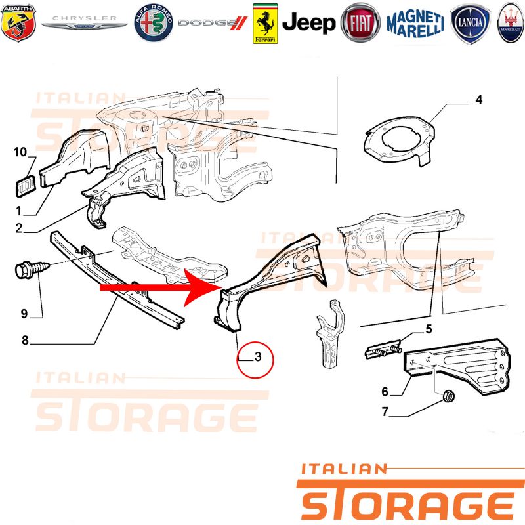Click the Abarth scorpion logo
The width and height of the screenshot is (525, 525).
pyautogui.click(x=18, y=23)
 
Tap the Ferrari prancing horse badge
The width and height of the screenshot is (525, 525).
pyautogui.click(x=265, y=24)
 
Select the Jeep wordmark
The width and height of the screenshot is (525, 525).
pyautogui.click(x=308, y=23)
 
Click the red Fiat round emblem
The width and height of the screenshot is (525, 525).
pyautogui.click(x=360, y=23)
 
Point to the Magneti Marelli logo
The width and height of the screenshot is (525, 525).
pyautogui.click(x=415, y=24)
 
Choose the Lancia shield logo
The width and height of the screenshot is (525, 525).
pyautogui.click(x=470, y=24)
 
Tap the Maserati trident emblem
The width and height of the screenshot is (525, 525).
pyautogui.click(x=511, y=24)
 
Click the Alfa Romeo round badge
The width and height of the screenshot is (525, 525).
pyautogui.click(x=154, y=23)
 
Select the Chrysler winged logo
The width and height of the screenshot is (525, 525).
pyautogui.click(x=84, y=23)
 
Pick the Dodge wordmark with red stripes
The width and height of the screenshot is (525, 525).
pyautogui.click(x=213, y=23)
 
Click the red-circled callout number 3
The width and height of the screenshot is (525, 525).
pyautogui.click(x=258, y=356)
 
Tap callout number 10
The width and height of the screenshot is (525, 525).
pyautogui.click(x=20, y=152)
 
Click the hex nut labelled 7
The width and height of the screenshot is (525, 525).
pyautogui.click(x=448, y=397)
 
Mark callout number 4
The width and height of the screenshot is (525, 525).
pyautogui.click(x=479, y=100)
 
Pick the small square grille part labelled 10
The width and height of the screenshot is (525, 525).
pyautogui.click(x=26, y=186)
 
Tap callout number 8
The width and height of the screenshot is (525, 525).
pyautogui.click(x=25, y=340)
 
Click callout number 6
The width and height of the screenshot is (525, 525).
pyautogui.click(x=385, y=391)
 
